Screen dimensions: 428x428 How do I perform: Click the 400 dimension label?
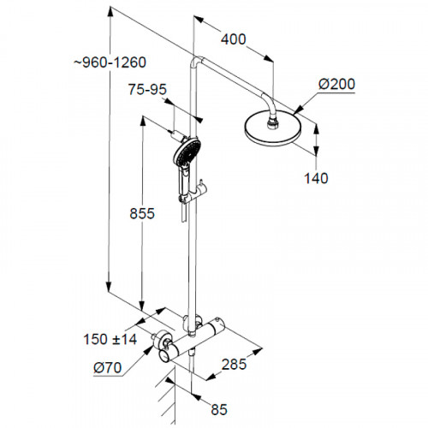click(233, 39)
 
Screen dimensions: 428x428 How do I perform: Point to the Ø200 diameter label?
click(336, 83)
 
